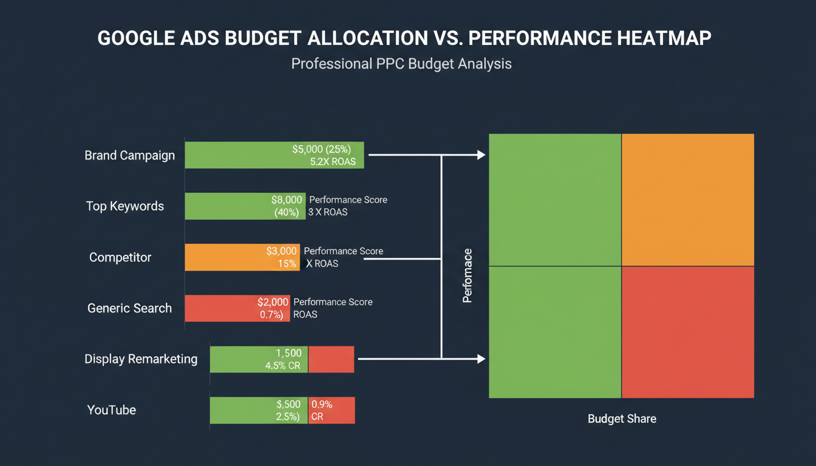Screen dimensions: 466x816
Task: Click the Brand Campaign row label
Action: [x=129, y=155]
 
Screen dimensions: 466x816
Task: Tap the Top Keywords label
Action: [x=124, y=206]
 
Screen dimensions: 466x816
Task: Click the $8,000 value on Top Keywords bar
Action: [x=287, y=200]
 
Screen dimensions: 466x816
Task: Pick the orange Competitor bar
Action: [x=225, y=257]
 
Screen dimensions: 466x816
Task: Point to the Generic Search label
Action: [x=129, y=308]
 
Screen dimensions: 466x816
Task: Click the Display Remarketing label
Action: [x=141, y=359]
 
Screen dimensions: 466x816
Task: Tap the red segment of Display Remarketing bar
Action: [x=331, y=359]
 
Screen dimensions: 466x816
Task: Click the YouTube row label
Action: [x=112, y=410]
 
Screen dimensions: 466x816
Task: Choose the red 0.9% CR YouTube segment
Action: [x=331, y=410]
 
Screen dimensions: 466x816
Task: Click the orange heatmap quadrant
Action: [x=688, y=200]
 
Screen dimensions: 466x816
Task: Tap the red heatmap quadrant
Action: [x=688, y=332]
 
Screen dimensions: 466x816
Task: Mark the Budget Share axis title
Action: [x=622, y=419]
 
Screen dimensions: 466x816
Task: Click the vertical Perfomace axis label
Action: [x=467, y=275]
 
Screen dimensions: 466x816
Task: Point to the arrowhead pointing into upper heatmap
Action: [x=481, y=155]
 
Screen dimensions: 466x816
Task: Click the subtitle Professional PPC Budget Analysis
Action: [x=401, y=64]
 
